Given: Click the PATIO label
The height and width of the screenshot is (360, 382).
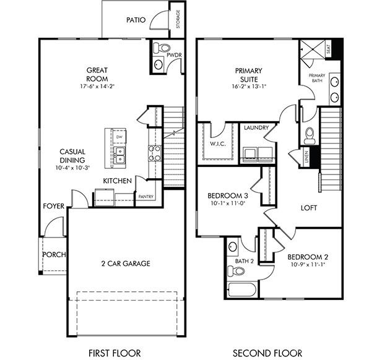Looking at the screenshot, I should (136, 20).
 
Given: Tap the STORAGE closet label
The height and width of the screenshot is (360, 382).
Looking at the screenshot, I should (178, 19).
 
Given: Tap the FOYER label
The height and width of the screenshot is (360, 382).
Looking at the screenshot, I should (53, 206).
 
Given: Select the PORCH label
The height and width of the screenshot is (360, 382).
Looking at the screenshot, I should (54, 254).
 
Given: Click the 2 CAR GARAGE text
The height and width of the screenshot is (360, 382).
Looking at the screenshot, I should (126, 264).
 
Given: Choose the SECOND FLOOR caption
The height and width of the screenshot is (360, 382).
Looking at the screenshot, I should (267, 353).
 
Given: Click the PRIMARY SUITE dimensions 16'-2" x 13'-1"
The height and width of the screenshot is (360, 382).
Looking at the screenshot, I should (249, 87).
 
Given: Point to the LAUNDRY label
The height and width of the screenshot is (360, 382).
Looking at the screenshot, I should (256, 128).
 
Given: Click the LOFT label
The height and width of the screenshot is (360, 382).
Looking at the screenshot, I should (309, 208).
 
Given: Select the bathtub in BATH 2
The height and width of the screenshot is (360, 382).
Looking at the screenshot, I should (239, 289).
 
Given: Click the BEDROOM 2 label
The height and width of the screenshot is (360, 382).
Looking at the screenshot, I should (307, 257).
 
